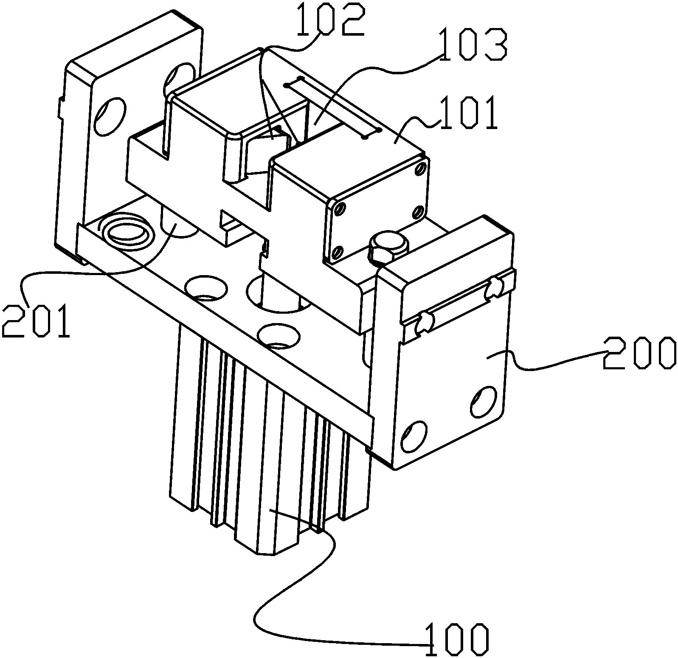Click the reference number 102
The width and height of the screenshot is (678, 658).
[x=331, y=20]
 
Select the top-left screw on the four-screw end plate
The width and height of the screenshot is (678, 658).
[x=339, y=209]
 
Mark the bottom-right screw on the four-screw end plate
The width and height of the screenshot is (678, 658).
[x=419, y=211]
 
